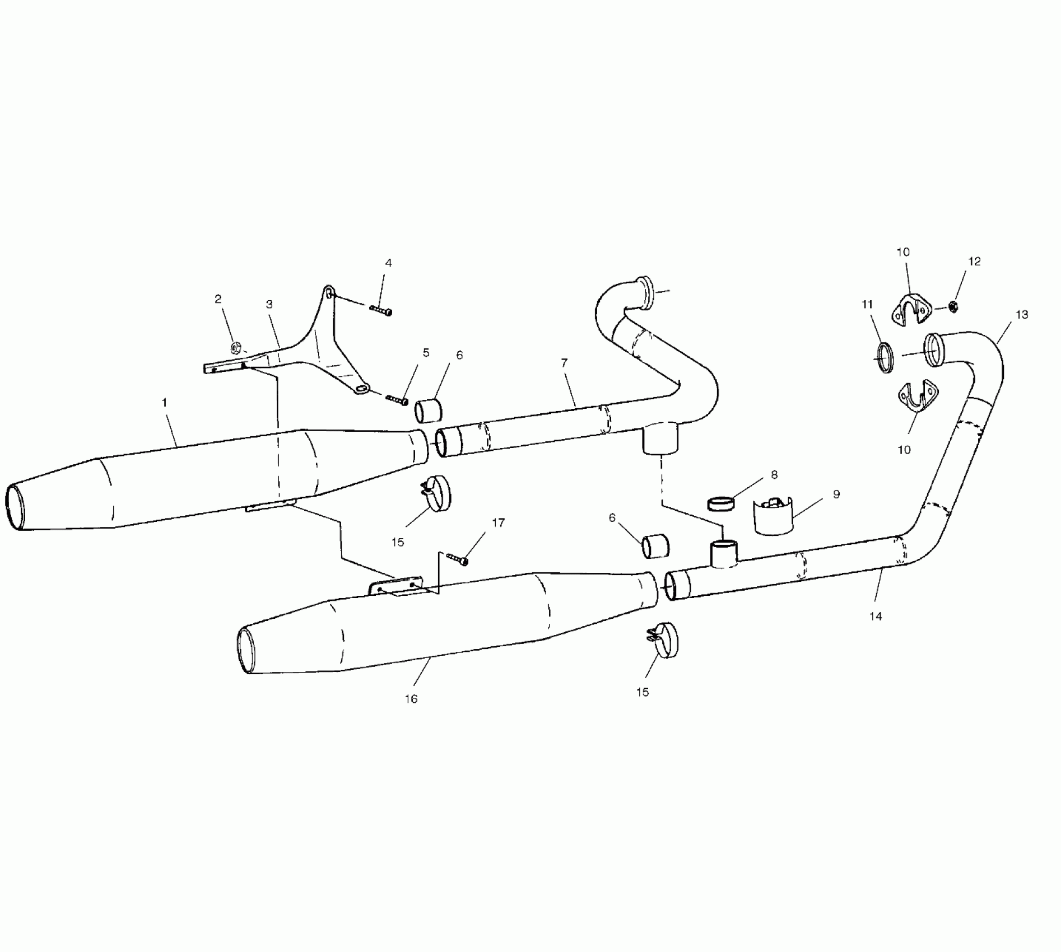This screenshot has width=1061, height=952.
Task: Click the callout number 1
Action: pyautogui.click(x=164, y=402)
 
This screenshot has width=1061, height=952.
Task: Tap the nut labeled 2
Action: pyautogui.click(x=236, y=348)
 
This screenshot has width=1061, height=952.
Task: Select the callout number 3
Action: pyautogui.click(x=269, y=305)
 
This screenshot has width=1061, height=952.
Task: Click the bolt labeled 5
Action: pyautogui.click(x=397, y=400)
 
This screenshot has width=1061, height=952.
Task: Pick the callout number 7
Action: pyautogui.click(x=564, y=363)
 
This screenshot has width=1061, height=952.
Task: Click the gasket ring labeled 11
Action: pyautogui.click(x=885, y=357)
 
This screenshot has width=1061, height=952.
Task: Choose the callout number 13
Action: pyautogui.click(x=1022, y=315)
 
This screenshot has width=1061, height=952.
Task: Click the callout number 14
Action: pyautogui.click(x=876, y=616)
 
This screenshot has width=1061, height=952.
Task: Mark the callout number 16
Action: pyautogui.click(x=411, y=699)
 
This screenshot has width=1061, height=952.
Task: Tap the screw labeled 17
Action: pyautogui.click(x=457, y=558)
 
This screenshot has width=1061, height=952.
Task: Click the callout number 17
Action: pyautogui.click(x=498, y=523)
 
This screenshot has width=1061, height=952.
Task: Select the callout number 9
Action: pyautogui.click(x=836, y=494)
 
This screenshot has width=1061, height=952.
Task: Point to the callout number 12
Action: pyautogui.click(x=974, y=262)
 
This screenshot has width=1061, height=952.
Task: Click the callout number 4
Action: pyautogui.click(x=388, y=263)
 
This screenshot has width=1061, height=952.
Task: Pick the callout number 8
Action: pyautogui.click(x=774, y=475)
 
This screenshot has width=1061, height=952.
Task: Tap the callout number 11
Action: pyautogui.click(x=867, y=305)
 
